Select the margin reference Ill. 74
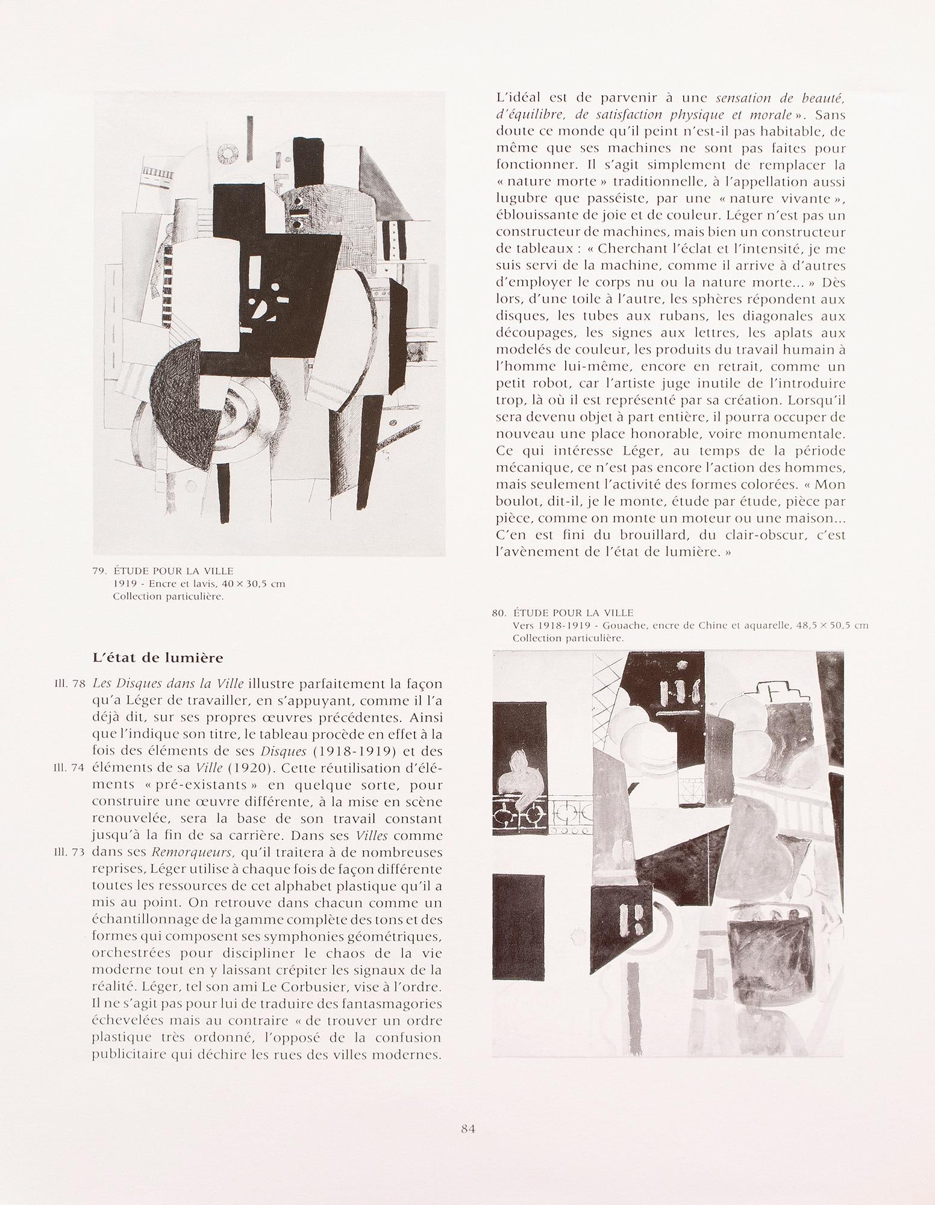tap(68, 768)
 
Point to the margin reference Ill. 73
tap(68, 853)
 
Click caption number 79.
tap(101, 571)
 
